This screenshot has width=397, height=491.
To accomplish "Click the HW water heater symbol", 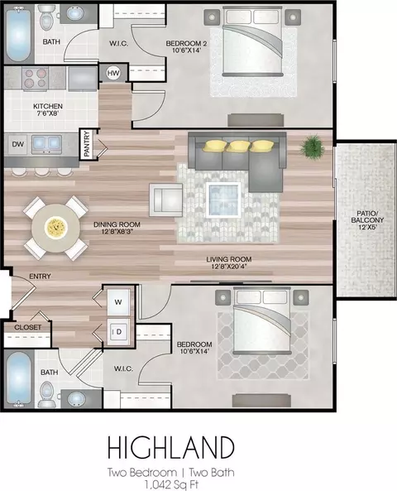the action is (x=113, y=73).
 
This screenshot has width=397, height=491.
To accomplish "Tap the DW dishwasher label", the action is (x=18, y=144).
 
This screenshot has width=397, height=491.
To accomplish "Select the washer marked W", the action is (x=118, y=302).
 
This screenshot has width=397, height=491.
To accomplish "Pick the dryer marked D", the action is (x=118, y=332).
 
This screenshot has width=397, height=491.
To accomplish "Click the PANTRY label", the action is (x=87, y=144).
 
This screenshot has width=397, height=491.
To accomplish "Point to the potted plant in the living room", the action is (x=312, y=147).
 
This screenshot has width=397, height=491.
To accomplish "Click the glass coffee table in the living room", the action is (x=223, y=200).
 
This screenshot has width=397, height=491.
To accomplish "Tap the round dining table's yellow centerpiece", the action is (x=55, y=227).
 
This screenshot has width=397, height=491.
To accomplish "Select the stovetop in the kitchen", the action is (x=35, y=79).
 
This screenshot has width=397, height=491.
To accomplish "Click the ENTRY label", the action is (x=40, y=277).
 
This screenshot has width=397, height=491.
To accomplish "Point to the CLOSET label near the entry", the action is (x=27, y=327).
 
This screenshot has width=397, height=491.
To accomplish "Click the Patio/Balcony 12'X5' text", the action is (x=367, y=220).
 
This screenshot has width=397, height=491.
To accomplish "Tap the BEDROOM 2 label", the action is (x=186, y=43).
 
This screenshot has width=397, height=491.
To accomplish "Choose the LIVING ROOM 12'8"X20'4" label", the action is (x=229, y=262).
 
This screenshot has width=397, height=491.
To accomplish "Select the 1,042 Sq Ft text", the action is (x=171, y=484).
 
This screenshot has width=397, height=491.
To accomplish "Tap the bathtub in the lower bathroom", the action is (x=19, y=378).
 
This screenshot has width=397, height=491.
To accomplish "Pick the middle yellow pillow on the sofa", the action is (x=238, y=147).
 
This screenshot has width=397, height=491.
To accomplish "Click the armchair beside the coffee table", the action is (x=165, y=200).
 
